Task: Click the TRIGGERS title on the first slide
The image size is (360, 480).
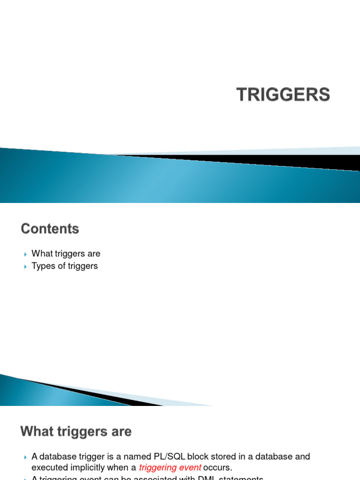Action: click(x=283, y=95)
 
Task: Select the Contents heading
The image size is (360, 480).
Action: click(x=50, y=229)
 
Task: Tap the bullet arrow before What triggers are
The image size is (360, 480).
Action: click(x=25, y=254)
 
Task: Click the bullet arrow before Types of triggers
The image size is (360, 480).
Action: click(x=25, y=267)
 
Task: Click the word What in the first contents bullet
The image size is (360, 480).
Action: click(x=41, y=254)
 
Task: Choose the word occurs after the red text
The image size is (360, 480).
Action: click(x=217, y=467)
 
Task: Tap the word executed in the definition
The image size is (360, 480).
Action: click(x=48, y=467)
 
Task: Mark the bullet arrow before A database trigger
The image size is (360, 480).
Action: click(x=25, y=457)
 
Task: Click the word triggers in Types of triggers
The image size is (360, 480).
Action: click(x=82, y=266)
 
